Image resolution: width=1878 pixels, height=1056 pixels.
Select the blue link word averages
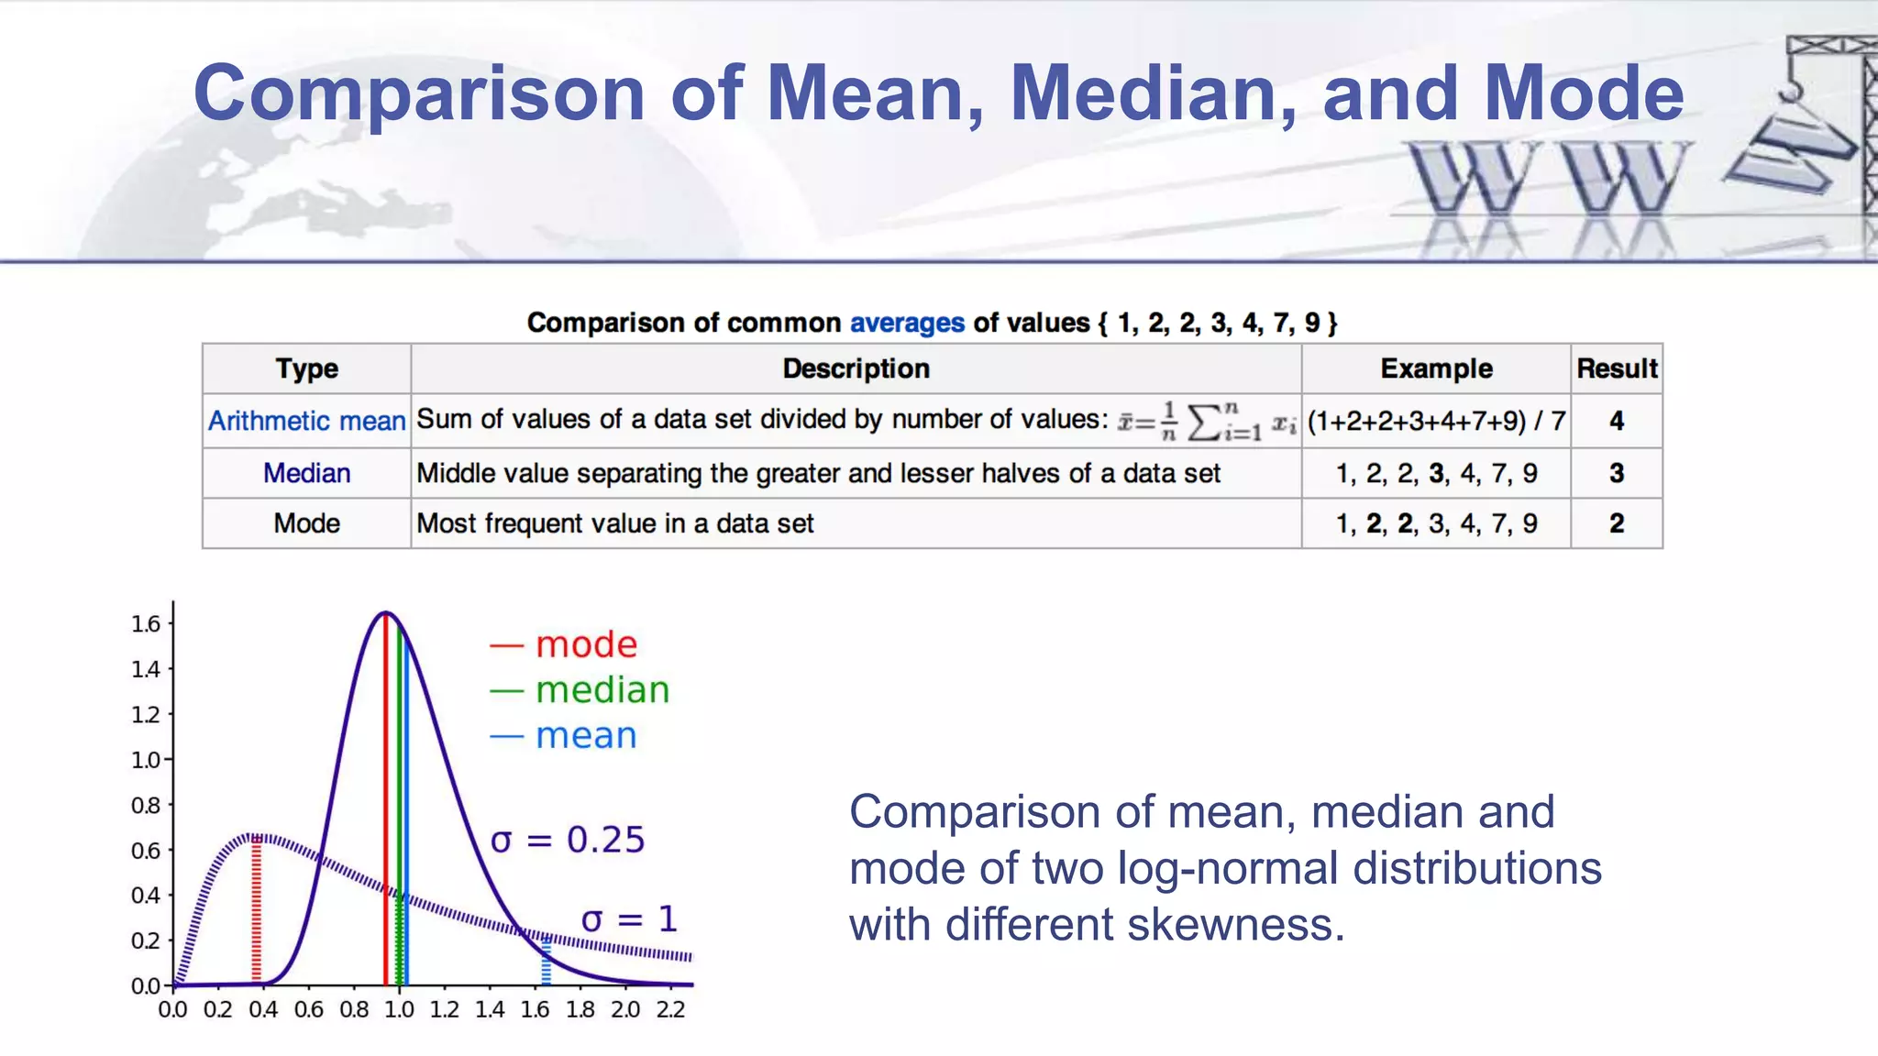pyautogui.click(x=906, y=323)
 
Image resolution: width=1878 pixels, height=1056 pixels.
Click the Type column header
pyautogui.click(x=306, y=368)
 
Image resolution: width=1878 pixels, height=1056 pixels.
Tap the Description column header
pyautogui.click(x=856, y=368)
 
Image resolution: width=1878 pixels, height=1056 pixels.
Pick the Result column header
pyautogui.click(x=1616, y=368)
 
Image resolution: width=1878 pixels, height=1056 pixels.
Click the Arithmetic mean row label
pyautogui.click(x=306, y=421)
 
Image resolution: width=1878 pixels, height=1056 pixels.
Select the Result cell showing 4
pyautogui.click(x=1616, y=421)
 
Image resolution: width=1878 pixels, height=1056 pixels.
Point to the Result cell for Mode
pyautogui.click(x=1616, y=523)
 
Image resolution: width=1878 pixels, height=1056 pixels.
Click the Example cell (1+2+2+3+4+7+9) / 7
pyautogui.click(x=1435, y=421)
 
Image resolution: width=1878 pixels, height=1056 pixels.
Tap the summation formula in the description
pyautogui.click(x=1207, y=422)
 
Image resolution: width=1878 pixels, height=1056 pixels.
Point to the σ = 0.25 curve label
pyautogui.click(x=568, y=840)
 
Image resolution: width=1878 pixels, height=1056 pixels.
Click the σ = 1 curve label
pyautogui.click(x=629, y=919)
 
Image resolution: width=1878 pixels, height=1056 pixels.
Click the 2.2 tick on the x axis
pyautogui.click(x=670, y=1010)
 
